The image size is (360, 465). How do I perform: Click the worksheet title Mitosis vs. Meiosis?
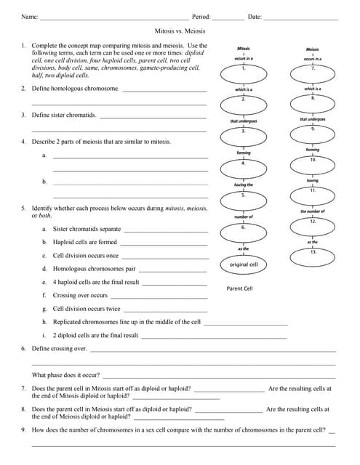point(180,32)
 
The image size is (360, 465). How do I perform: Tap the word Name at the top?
point(29,16)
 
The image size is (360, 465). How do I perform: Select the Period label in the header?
point(201,16)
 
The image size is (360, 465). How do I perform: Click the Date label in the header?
point(255,16)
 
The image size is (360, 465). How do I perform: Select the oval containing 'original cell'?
point(244,265)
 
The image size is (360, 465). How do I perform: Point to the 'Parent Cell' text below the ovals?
point(240,288)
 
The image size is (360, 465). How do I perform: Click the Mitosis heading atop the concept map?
point(244,48)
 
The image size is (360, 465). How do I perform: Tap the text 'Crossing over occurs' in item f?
point(80,296)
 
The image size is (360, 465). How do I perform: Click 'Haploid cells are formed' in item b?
point(84,242)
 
